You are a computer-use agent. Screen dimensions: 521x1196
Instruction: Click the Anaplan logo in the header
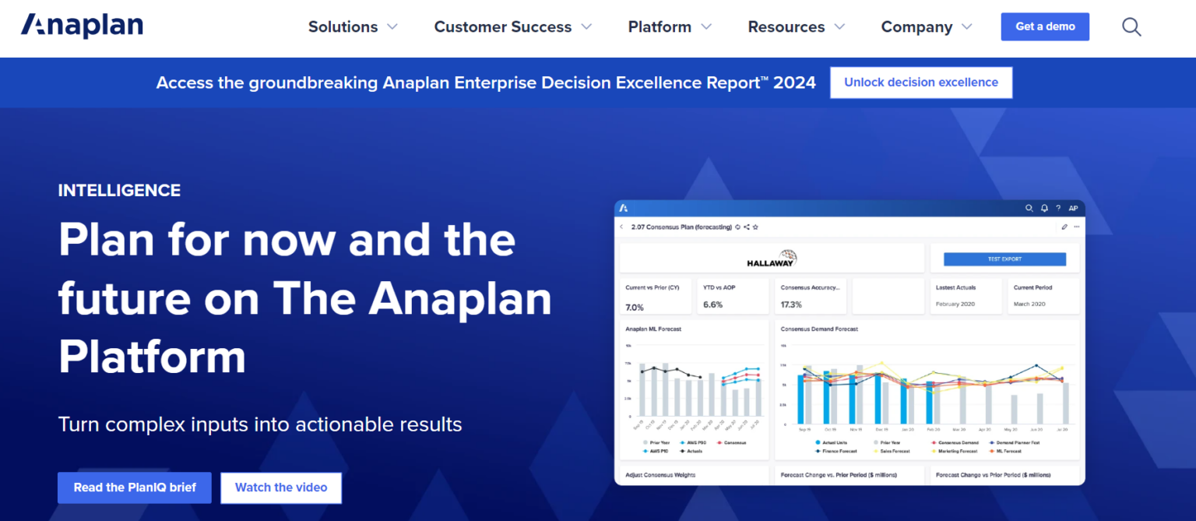tap(82, 26)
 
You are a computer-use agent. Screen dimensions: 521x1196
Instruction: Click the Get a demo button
tap(1045, 26)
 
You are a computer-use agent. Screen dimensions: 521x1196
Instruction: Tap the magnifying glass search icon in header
tap(1131, 27)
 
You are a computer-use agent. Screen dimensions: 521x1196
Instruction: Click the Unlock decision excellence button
tap(921, 83)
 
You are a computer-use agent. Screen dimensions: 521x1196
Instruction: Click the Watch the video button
tap(281, 488)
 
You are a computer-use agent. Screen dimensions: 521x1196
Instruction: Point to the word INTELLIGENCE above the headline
tap(119, 190)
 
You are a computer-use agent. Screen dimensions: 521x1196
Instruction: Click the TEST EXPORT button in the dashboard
tap(1004, 259)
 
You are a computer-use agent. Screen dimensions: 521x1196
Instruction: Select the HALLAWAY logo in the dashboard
tap(771, 259)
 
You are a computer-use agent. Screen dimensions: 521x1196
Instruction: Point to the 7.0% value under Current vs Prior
tap(635, 307)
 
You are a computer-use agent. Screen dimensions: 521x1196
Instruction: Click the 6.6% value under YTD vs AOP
tap(712, 305)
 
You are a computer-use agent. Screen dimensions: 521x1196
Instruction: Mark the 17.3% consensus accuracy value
tap(791, 305)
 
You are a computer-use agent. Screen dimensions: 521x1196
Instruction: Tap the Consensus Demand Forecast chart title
tap(819, 329)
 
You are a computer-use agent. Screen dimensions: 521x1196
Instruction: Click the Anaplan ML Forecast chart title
tap(653, 329)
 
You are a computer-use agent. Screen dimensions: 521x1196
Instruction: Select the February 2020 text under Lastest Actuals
tap(955, 304)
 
